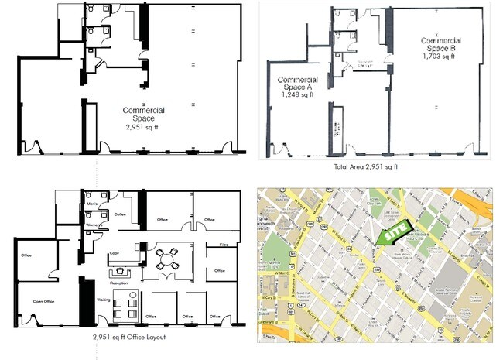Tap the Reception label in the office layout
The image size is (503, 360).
click(120, 283)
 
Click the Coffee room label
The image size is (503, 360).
click(120, 214)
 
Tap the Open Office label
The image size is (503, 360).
click(43, 301)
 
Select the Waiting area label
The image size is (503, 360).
click(101, 298)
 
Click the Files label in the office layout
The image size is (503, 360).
click(223, 245)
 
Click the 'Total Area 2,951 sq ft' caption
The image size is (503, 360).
click(365, 166)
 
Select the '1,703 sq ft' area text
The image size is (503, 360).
click(440, 56)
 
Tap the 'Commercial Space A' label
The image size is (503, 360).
click(298, 84)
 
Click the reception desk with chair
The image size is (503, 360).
click(121, 272)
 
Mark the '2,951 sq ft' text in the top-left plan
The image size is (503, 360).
click(141, 125)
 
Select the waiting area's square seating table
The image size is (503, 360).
click(124, 308)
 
